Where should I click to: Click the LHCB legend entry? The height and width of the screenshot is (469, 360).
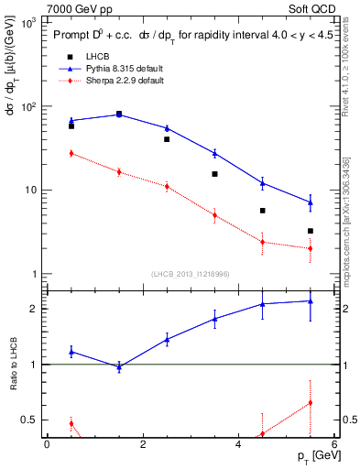tap(86, 57)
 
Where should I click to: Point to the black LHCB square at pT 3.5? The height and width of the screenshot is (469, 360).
tap(214, 174)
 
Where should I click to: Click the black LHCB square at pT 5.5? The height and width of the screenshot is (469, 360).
tap(311, 231)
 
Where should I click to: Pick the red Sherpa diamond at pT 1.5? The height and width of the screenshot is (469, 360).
tap(119, 171)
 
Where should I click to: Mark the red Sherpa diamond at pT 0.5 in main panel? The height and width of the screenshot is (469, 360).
tap(71, 153)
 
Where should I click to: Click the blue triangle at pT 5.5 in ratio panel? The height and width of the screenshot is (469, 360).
tap(311, 300)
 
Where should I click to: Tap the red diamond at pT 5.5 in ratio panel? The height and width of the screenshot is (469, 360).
tap(311, 402)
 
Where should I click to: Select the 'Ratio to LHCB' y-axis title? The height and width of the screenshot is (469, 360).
tap(14, 365)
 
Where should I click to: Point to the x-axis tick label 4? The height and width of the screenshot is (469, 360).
tap(238, 444)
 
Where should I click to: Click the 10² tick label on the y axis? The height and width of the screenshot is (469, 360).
tap(27, 106)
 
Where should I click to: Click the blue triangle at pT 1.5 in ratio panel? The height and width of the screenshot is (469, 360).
tap(119, 366)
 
